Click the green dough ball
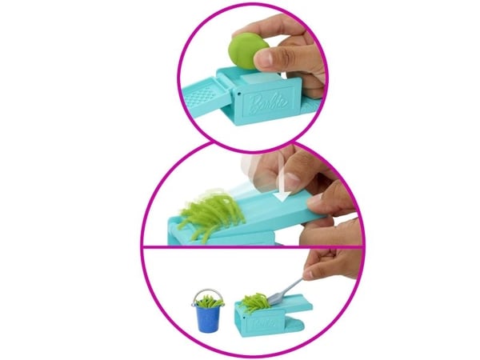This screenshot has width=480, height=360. (x=249, y=52)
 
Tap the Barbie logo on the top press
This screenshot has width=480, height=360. (x=269, y=103)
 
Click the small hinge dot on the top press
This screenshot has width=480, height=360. (x=239, y=91)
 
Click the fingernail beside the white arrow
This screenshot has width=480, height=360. (x=293, y=181)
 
